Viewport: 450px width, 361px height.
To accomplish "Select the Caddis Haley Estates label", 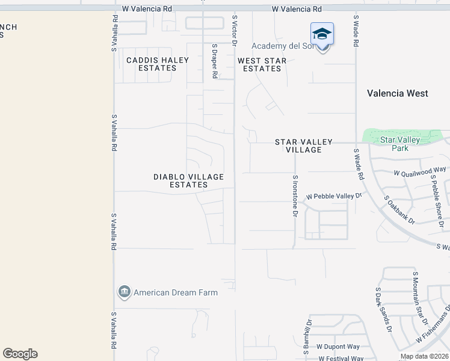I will pos(157,64).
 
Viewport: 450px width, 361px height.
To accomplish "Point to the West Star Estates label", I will pos(262,65).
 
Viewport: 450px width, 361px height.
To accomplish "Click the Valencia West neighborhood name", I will pos(398,93).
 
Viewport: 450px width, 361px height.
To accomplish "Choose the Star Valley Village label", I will pos(304,146).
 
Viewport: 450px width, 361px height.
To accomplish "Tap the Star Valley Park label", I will pos(399,144).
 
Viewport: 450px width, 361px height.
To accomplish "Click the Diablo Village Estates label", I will pos(188,180).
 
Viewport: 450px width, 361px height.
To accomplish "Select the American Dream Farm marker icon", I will pos(125,292).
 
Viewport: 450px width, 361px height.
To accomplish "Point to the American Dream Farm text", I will pos(176,293).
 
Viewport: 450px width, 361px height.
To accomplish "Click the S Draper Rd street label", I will pos(214,61).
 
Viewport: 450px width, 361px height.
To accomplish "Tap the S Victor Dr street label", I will pos(234,32).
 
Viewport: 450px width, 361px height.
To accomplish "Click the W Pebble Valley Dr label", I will pos(334,197).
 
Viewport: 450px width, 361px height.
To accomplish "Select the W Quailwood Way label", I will pos(420,172).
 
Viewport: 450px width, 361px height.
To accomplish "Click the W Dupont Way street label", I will pos(338,347).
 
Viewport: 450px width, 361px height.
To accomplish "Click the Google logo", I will pos(20,354).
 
